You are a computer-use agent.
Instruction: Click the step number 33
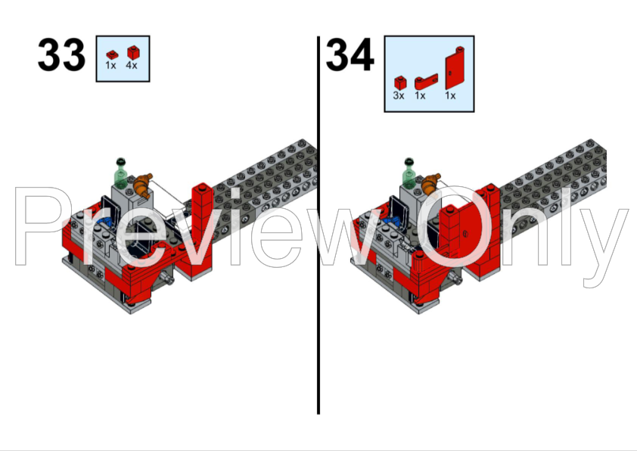click(61, 55)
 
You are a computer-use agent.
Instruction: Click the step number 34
click(350, 55)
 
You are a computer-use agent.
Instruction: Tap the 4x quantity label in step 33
click(132, 67)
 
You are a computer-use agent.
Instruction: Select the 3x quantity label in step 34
click(399, 96)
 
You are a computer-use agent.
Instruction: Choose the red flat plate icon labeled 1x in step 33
click(111, 54)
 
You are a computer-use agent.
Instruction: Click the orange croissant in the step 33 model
click(141, 183)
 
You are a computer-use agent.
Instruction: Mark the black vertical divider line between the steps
click(318, 227)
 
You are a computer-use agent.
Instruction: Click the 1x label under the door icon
click(450, 96)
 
